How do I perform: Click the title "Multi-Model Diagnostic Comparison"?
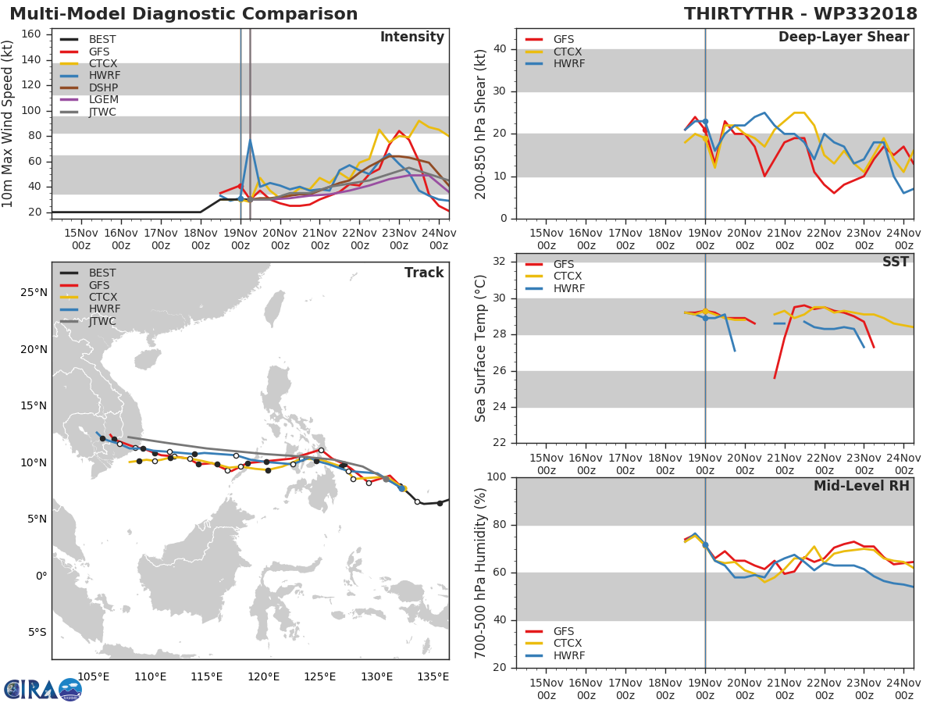click(x=183, y=14)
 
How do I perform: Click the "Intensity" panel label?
click(x=411, y=37)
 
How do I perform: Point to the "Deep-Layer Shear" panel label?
click(x=843, y=37)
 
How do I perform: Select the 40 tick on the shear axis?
click(x=501, y=49)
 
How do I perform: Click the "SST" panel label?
click(x=896, y=262)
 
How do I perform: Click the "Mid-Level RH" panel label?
click(x=861, y=486)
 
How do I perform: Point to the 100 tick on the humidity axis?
click(x=497, y=477)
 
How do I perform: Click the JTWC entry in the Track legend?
click(x=102, y=321)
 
